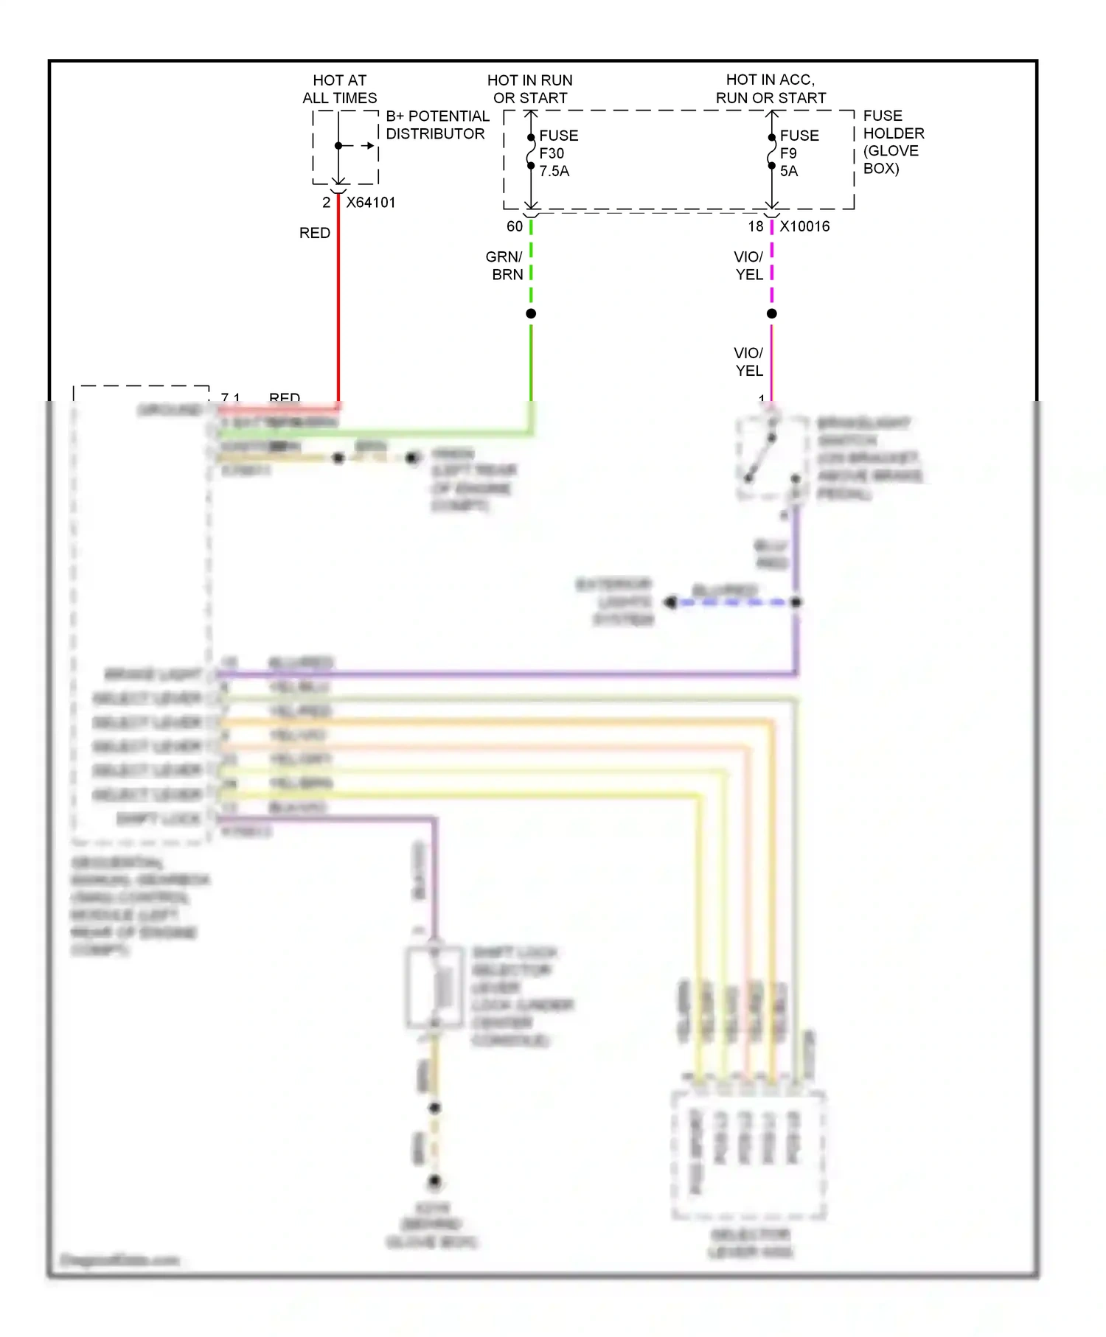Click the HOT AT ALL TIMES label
339,89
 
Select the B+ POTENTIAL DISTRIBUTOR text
437,125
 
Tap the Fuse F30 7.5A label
558,153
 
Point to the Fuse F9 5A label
799,153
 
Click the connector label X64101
371,203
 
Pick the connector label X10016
804,227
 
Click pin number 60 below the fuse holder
514,227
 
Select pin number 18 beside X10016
756,227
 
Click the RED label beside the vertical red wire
314,233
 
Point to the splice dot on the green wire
531,314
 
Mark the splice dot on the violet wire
772,314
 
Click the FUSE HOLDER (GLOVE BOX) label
893,142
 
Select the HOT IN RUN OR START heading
530,89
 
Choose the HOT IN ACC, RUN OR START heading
771,89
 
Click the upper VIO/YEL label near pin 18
748,266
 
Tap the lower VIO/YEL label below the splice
748,362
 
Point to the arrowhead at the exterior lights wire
670,603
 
